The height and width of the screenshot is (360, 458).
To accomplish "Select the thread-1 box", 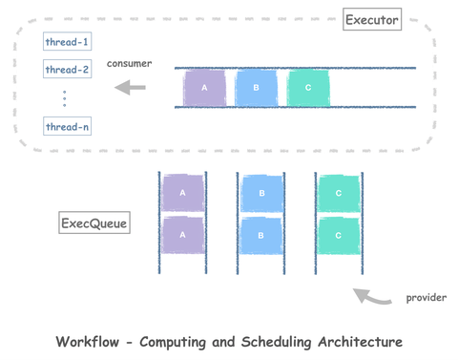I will [x=67, y=42].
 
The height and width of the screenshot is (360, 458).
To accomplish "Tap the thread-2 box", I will [x=67, y=70].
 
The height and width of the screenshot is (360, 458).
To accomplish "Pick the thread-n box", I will [x=67, y=126].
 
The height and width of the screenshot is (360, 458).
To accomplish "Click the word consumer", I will [x=130, y=63].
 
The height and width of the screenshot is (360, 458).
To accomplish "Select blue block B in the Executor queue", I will [x=256, y=88].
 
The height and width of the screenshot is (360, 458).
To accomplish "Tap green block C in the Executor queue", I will [x=307, y=88].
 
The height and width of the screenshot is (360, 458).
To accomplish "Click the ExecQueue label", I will [x=94, y=224].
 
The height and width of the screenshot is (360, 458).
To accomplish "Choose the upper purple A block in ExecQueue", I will [x=182, y=192].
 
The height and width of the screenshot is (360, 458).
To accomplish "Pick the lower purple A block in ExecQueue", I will [x=182, y=235].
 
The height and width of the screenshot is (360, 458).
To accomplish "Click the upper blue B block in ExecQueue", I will [x=260, y=192].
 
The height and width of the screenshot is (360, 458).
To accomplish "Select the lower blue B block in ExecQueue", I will [x=260, y=235].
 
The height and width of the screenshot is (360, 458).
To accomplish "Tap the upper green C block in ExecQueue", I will [x=338, y=192].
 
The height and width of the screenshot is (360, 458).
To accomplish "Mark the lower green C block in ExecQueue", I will [x=338, y=235].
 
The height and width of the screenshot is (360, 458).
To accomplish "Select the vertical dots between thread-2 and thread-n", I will [x=65, y=98].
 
